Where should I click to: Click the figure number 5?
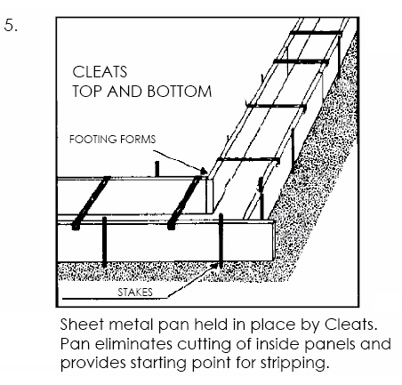pyautogui.click(x=11, y=25)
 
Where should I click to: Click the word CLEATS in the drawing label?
pyautogui.click(x=100, y=72)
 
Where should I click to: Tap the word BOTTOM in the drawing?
pyautogui.click(x=180, y=91)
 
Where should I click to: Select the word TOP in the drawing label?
pyautogui.click(x=88, y=91)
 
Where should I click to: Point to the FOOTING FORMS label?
pyautogui.click(x=112, y=140)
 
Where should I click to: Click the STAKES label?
pyautogui.click(x=135, y=293)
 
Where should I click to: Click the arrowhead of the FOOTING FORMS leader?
pyautogui.click(x=204, y=171)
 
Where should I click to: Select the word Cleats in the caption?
pyautogui.click(x=350, y=325)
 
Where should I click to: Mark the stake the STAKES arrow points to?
pyautogui.click(x=221, y=240)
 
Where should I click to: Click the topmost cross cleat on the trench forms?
pyautogui.click(x=316, y=33)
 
